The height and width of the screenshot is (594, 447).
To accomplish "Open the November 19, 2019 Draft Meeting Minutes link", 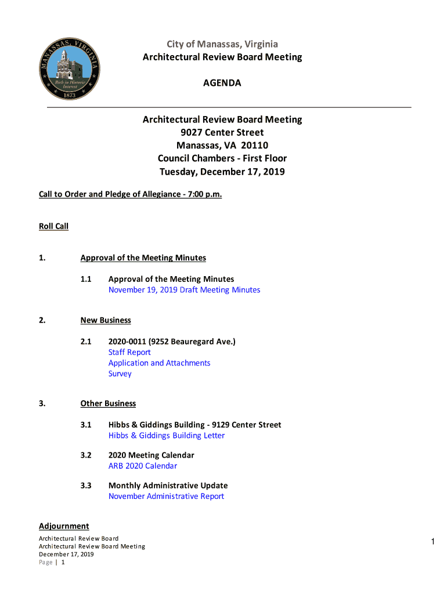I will pyautogui.click(x=184, y=290).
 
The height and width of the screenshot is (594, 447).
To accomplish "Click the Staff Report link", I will pyautogui.click(x=129, y=353).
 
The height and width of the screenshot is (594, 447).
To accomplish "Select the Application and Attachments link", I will pyautogui.click(x=159, y=363).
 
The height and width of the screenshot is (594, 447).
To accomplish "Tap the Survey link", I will pyautogui.click(x=120, y=374).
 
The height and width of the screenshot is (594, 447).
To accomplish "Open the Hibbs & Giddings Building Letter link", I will pyautogui.click(x=166, y=436).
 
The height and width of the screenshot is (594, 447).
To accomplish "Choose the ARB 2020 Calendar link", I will pyautogui.click(x=143, y=466).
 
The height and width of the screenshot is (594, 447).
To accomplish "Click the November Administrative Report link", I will pyautogui.click(x=166, y=497).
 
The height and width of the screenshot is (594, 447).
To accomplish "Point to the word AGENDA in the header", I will pyautogui.click(x=222, y=84).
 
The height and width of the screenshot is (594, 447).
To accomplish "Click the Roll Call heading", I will pyautogui.click(x=53, y=226).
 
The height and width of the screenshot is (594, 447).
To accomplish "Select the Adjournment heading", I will pyautogui.click(x=64, y=526).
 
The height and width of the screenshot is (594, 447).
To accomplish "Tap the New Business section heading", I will pyautogui.click(x=106, y=320).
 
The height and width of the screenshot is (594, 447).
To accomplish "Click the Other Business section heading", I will pyautogui.click(x=108, y=404).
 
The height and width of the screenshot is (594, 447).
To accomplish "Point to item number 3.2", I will pyautogui.click(x=86, y=455).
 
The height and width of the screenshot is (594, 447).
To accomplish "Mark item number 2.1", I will pyautogui.click(x=86, y=342).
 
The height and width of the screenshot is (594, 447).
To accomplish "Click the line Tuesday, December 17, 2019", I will pyautogui.click(x=222, y=172).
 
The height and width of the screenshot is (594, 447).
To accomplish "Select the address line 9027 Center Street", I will pyautogui.click(x=222, y=133).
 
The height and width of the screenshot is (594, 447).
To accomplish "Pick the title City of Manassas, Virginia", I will pyautogui.click(x=222, y=44).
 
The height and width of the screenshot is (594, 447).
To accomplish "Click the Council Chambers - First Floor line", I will pyautogui.click(x=222, y=158).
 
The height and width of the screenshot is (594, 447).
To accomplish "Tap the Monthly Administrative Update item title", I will pyautogui.click(x=168, y=486).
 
